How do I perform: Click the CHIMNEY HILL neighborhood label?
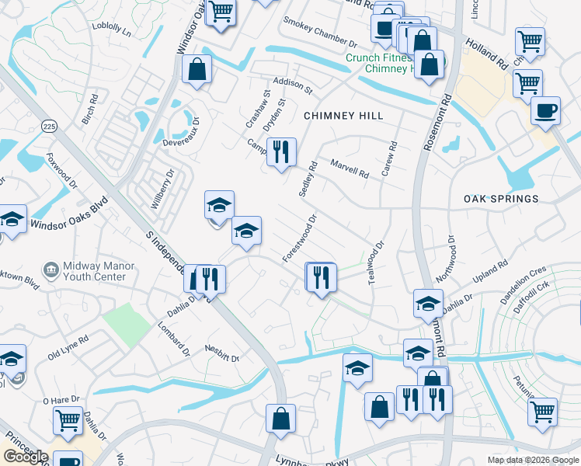click(x=343, y=116)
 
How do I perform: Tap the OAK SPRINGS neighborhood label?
click(x=501, y=199)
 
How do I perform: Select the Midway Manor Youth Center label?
click(x=89, y=271)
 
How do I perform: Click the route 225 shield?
click(x=50, y=126)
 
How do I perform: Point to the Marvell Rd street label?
click(x=349, y=169)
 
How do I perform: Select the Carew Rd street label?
click(x=389, y=158)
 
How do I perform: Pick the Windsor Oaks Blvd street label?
click(x=68, y=217)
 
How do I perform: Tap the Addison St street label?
click(x=291, y=85)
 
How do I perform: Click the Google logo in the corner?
click(x=25, y=457)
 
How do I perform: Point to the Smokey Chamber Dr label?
click(x=319, y=33)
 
